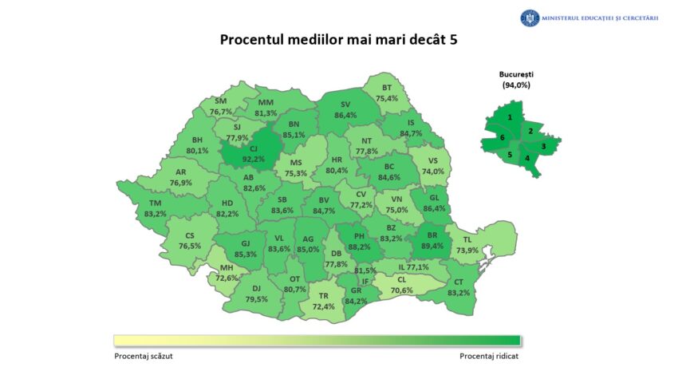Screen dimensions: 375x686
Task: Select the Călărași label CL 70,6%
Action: coord(401,286)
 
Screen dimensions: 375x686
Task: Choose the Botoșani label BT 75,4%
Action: coord(387,93)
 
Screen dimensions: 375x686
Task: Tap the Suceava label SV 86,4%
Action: coord(345,110)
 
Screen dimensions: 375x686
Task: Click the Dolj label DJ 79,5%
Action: coord(257,294)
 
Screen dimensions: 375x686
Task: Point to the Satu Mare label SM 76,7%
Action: coord(221,107)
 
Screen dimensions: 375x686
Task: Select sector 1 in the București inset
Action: coord(510,117)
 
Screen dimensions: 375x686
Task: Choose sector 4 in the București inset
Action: coord(526,158)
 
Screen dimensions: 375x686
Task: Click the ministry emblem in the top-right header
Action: coord(530,18)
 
